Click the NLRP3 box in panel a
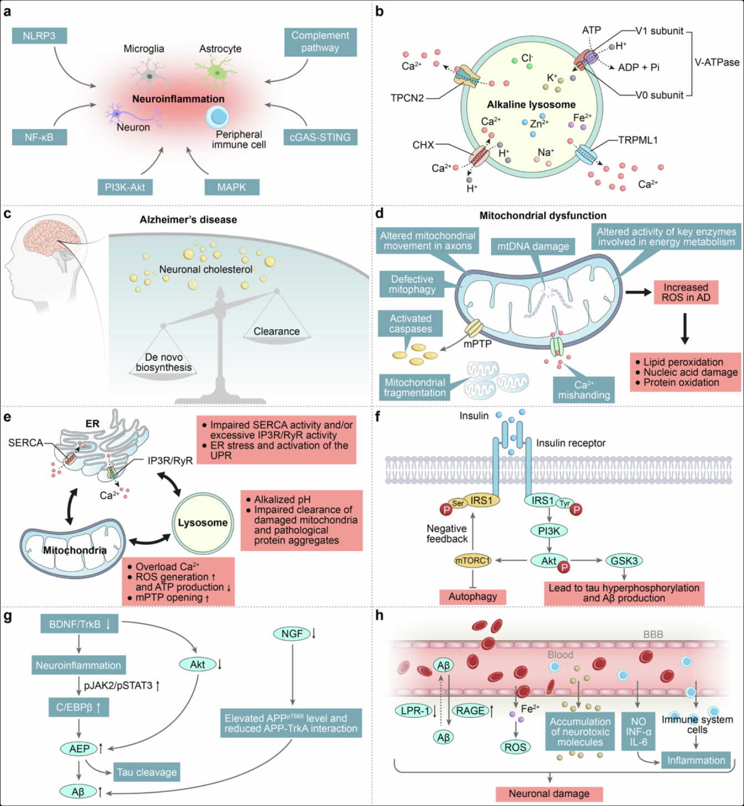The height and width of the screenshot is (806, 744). (39, 36)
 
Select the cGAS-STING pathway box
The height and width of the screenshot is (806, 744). (320, 137)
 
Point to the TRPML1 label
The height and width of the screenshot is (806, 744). (638, 140)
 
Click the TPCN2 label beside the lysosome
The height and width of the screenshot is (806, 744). (407, 98)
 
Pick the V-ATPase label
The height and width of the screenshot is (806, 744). (717, 62)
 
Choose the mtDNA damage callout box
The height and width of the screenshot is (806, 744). (533, 246)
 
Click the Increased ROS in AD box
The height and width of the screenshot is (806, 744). (686, 292)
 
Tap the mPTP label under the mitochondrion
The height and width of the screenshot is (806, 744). (477, 344)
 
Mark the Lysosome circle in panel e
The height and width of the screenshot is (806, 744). (203, 523)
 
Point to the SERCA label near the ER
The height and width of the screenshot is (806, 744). (26, 442)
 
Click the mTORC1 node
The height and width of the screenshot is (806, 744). (473, 560)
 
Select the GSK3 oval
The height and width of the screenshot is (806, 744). (624, 560)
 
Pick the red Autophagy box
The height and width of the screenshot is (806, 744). (473, 596)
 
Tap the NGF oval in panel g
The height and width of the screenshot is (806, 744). (292, 633)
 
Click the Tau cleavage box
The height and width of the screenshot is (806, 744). (146, 772)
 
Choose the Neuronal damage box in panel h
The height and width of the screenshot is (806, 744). (549, 794)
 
